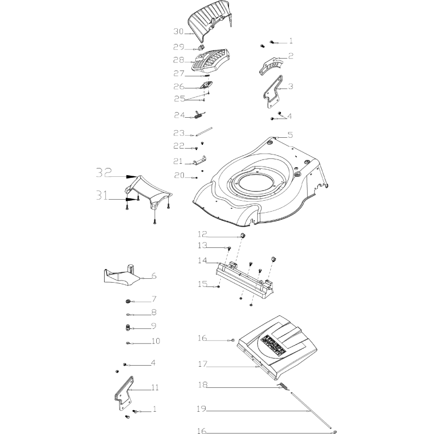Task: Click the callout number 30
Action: pyautogui.click(x=179, y=31)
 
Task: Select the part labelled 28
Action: pyautogui.click(x=212, y=60)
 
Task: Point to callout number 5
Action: pyautogui.click(x=290, y=135)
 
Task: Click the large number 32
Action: pyautogui.click(x=104, y=173)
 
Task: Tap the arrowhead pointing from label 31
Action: pyautogui.click(x=131, y=199)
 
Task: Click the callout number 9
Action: pyautogui.click(x=154, y=326)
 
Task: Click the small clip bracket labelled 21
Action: pyautogui.click(x=200, y=161)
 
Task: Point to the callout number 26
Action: pyautogui.click(x=179, y=87)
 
